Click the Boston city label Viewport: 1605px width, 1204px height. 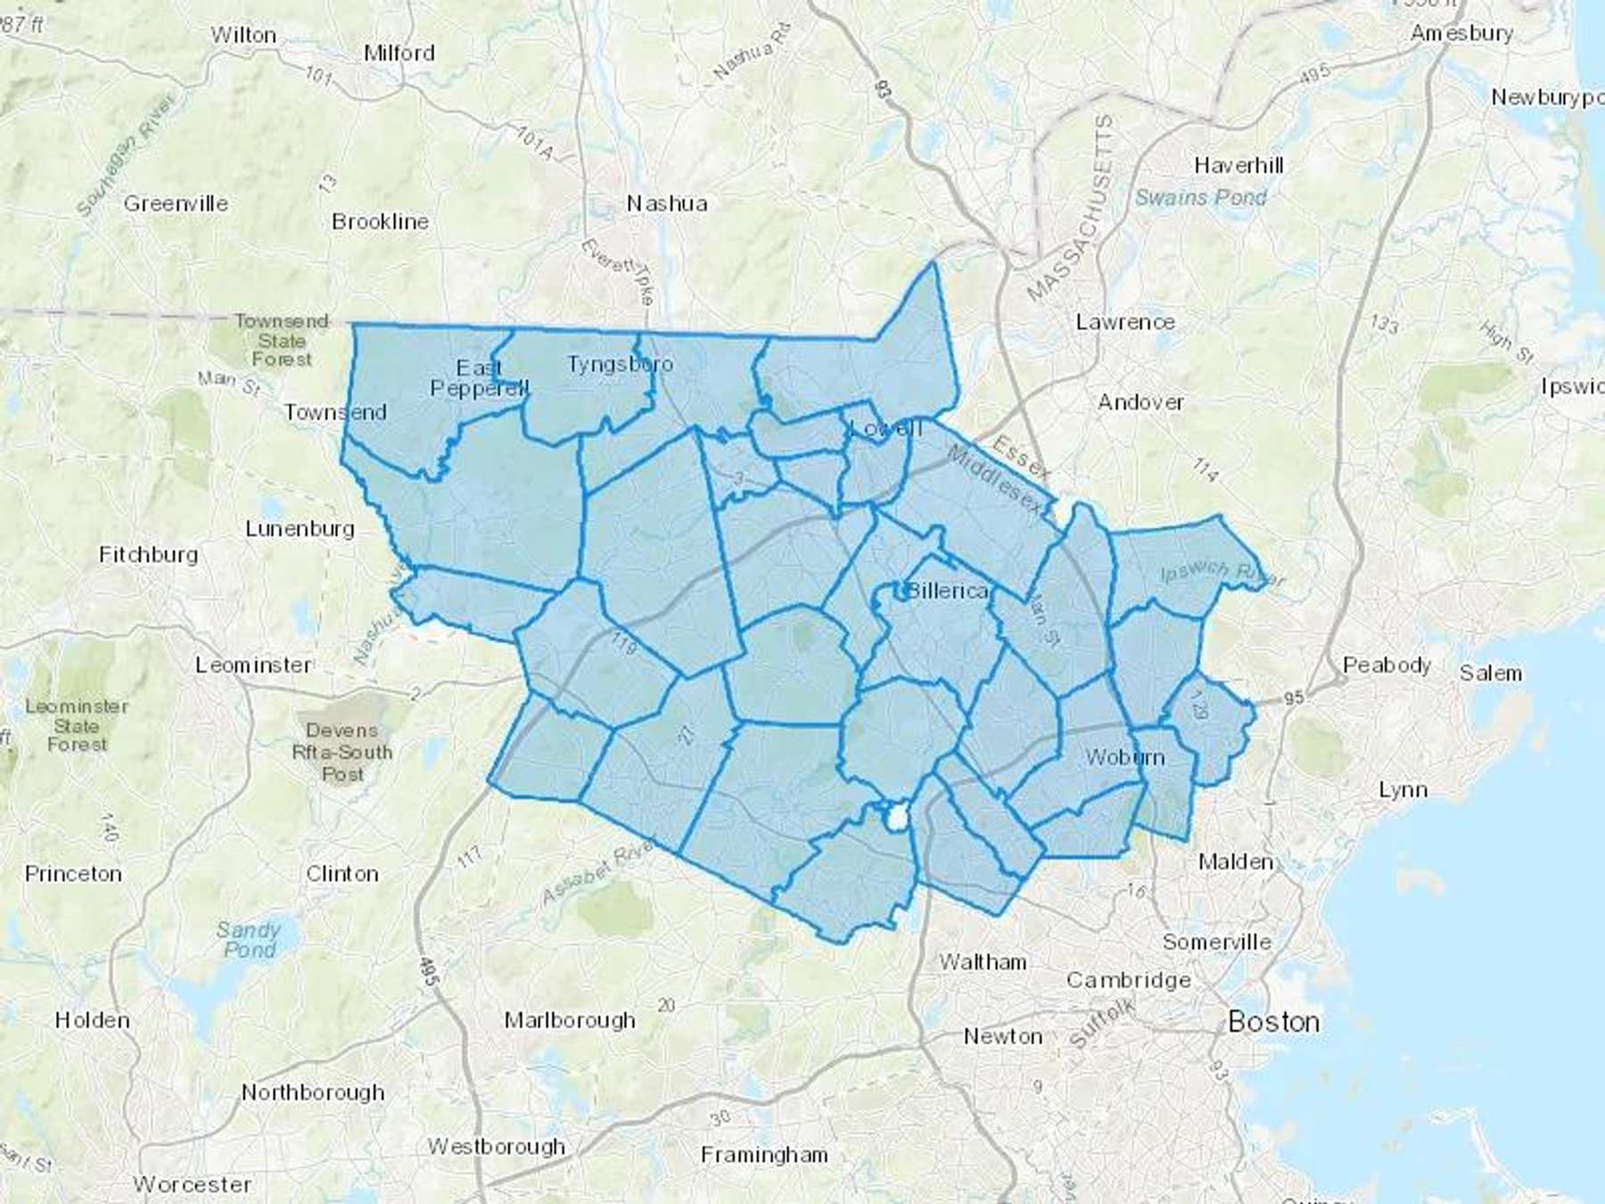pyautogui.click(x=1273, y=1021)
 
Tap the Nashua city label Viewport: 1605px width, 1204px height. pyautogui.click(x=667, y=203)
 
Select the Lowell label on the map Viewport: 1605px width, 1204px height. pyautogui.click(x=885, y=428)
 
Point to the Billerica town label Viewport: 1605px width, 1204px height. pyautogui.click(x=946, y=590)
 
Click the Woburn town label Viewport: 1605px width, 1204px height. pyautogui.click(x=1124, y=757)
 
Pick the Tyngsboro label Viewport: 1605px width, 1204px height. pyautogui.click(x=620, y=364)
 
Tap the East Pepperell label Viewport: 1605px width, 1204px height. pyautogui.click(x=480, y=378)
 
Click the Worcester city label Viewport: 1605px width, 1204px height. pyautogui.click(x=192, y=1184)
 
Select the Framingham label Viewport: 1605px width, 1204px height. pyautogui.click(x=764, y=1155)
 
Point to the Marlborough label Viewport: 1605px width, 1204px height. pyautogui.click(x=570, y=1019)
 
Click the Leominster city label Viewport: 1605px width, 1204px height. pyautogui.click(x=254, y=664)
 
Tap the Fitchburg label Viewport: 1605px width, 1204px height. pyautogui.click(x=149, y=554)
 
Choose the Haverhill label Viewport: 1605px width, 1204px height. pyautogui.click(x=1239, y=165)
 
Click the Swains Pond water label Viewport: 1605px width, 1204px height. pyautogui.click(x=1200, y=197)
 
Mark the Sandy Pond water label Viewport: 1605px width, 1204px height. pyautogui.click(x=249, y=939)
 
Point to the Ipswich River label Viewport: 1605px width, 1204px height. pyautogui.click(x=1222, y=573)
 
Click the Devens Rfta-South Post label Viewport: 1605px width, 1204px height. pyautogui.click(x=342, y=752)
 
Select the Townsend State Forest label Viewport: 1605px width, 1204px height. pyautogui.click(x=282, y=340)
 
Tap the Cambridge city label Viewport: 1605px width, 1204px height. pyautogui.click(x=1129, y=980)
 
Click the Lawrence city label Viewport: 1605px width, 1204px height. pyautogui.click(x=1125, y=322)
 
